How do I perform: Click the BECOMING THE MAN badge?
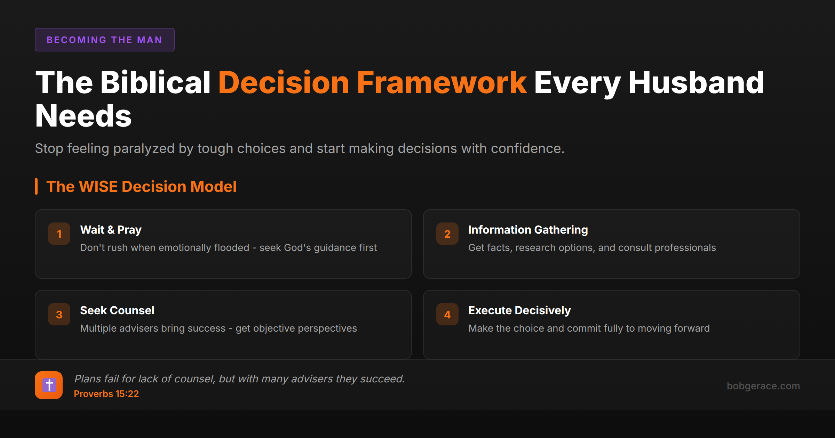(104, 40)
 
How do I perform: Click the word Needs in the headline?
(83, 116)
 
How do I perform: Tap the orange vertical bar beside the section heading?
(36, 186)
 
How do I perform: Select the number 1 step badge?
(59, 234)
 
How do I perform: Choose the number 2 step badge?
(447, 234)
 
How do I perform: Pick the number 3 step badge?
(59, 314)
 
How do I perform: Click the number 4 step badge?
(447, 314)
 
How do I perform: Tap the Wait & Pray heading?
(111, 230)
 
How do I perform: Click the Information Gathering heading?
(528, 230)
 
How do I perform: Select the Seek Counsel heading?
(117, 310)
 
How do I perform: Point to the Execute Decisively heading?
(519, 310)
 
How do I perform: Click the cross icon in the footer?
(49, 385)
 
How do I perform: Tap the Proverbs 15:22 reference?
(106, 394)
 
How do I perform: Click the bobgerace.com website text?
(763, 386)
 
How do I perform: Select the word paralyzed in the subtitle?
(144, 149)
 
